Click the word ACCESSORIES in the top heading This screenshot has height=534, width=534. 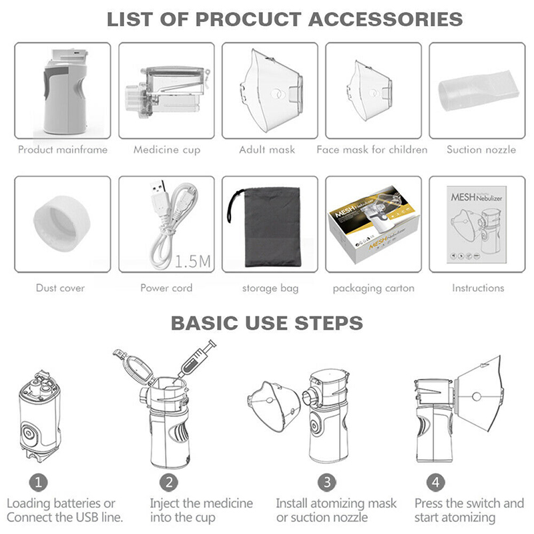385,19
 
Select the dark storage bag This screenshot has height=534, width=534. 269,226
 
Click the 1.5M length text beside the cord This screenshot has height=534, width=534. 192,262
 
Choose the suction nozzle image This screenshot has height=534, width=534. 478,90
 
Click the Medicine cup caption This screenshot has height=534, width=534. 167,150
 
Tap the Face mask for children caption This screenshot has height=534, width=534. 372,150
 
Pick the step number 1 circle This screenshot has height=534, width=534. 38,483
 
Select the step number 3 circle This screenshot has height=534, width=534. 327,483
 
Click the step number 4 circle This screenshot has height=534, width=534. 436,483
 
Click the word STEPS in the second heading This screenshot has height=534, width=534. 328,323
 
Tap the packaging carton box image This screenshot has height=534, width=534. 374,225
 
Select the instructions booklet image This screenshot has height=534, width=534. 477,224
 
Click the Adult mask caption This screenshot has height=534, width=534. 267,150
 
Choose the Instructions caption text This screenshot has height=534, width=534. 478,288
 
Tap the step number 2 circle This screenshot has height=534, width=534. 170,483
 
